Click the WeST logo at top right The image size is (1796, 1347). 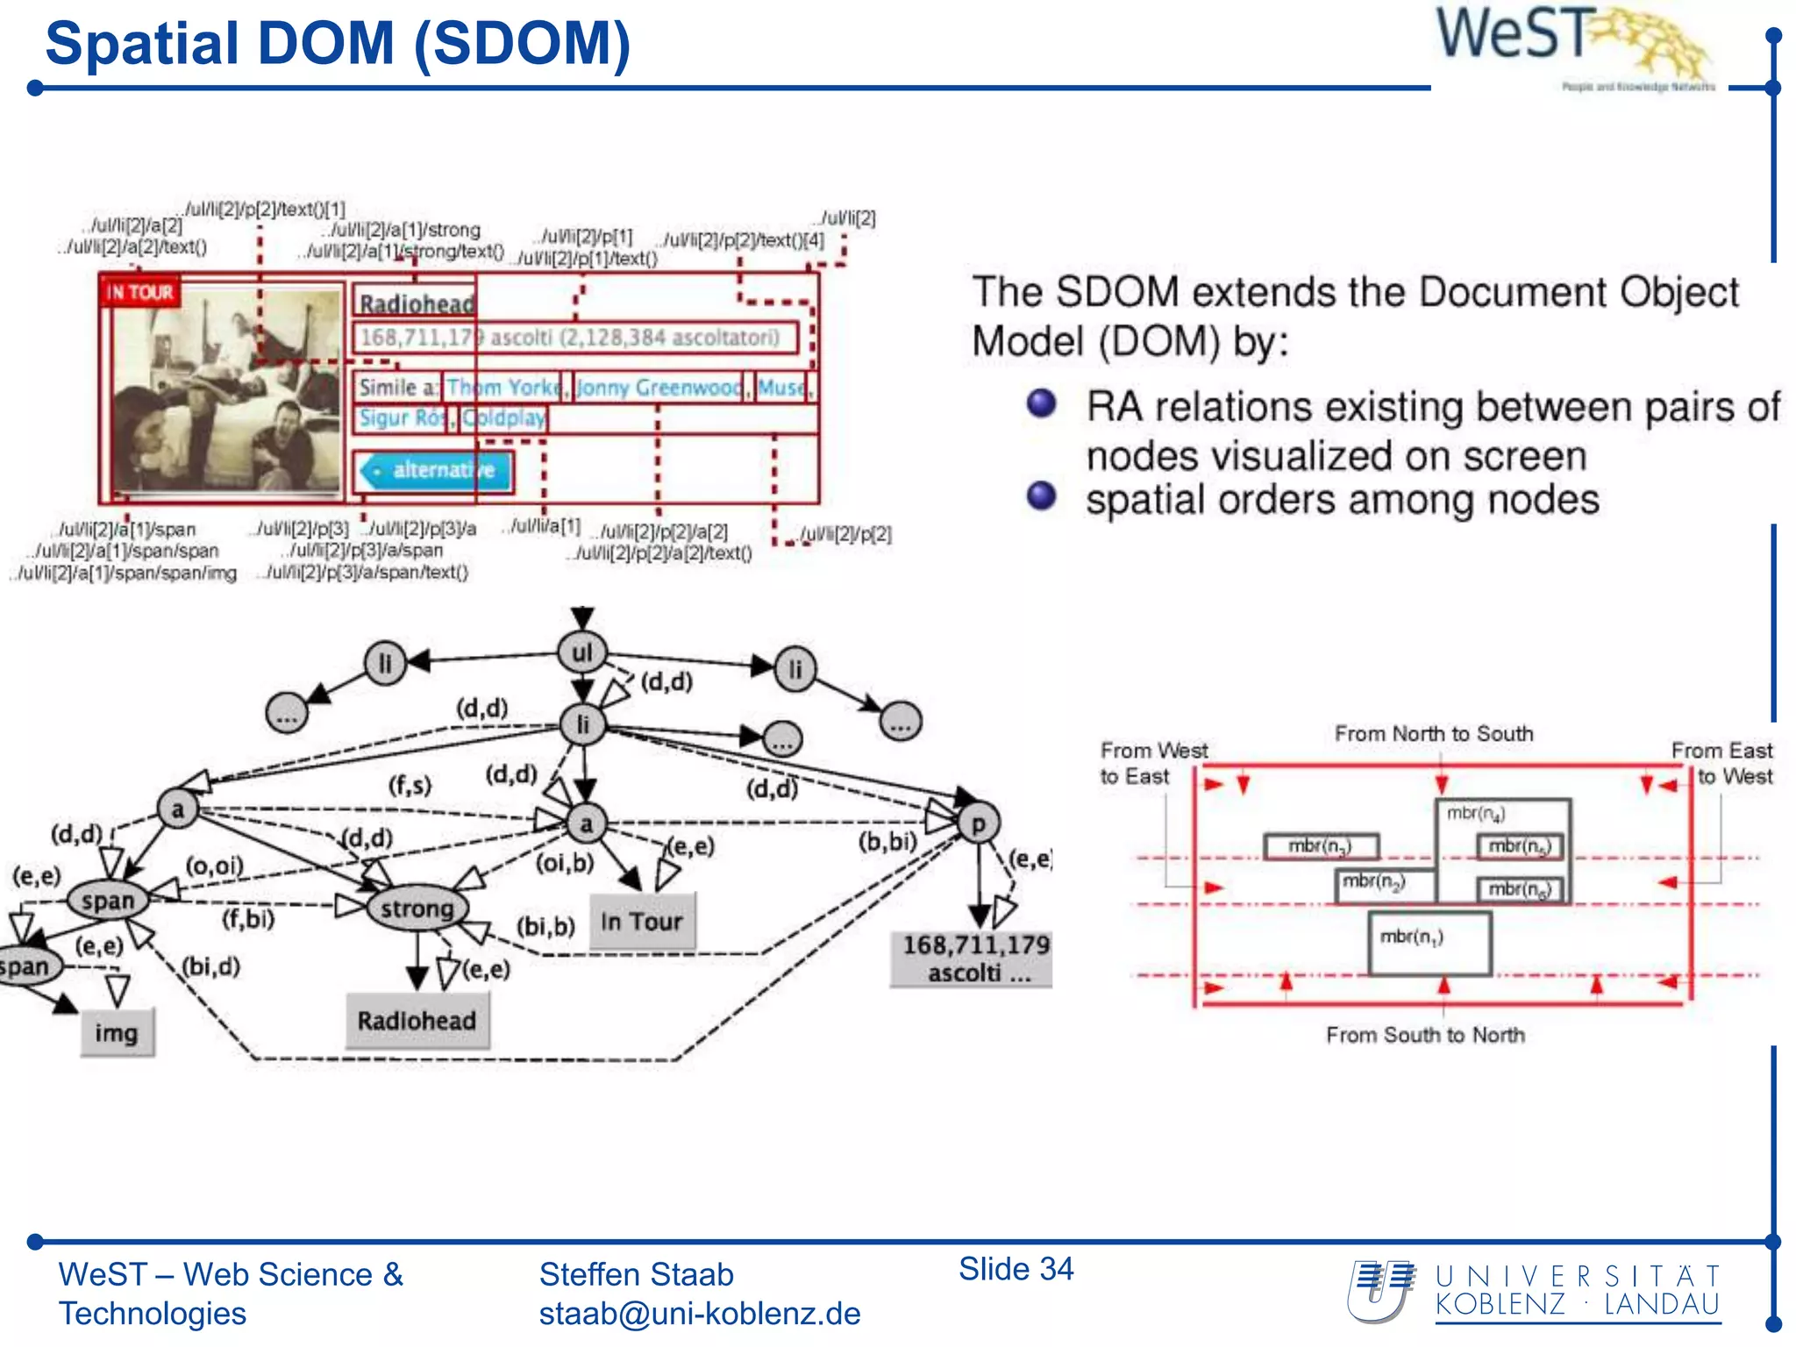pos(1574,44)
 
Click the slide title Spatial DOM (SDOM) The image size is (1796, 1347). pos(338,44)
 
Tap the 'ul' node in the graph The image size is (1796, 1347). pos(582,652)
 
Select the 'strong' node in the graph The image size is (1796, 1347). pos(417,909)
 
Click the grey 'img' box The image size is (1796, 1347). pos(117,1033)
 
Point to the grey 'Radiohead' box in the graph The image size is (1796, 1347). pos(417,1021)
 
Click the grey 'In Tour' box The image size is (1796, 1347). pos(642,922)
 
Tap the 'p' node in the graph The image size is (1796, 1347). pos(978,823)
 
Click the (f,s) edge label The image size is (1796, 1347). pos(410,784)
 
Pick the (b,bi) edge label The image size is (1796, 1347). pos(887,842)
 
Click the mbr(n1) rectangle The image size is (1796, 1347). pos(1429,944)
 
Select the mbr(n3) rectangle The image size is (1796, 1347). pos(1321,846)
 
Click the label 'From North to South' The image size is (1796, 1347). pos(1434,734)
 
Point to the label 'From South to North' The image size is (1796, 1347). pos(1425,1036)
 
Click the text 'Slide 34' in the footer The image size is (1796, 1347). pos(1016,1269)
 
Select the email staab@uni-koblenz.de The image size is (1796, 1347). pos(699,1314)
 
